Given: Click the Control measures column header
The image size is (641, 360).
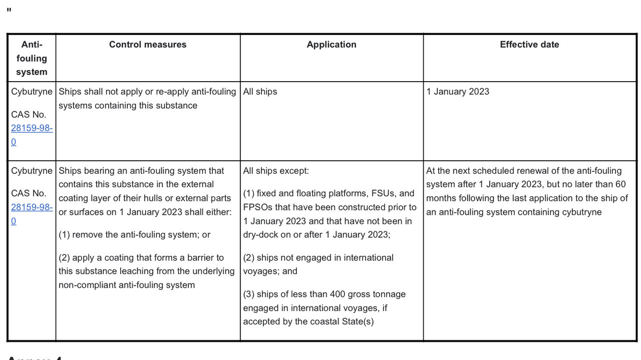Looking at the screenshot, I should [148, 45].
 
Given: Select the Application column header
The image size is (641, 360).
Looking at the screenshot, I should [332, 45].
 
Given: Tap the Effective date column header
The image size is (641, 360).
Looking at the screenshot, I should [529, 45].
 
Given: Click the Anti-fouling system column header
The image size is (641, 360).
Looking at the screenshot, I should [32, 58].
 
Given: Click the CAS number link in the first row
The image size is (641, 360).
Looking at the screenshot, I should [32, 128].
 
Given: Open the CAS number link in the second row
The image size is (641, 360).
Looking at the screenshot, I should [32, 207].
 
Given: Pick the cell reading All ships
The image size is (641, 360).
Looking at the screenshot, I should [260, 92].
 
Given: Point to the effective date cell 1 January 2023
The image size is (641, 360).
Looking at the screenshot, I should [458, 92].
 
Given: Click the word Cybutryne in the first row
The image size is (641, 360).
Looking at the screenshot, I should [32, 92].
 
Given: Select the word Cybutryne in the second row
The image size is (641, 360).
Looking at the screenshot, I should [32, 171].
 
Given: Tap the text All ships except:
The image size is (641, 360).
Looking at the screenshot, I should [276, 171].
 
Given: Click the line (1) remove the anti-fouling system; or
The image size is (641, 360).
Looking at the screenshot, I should [134, 234].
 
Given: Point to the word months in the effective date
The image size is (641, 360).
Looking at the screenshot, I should [441, 198].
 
